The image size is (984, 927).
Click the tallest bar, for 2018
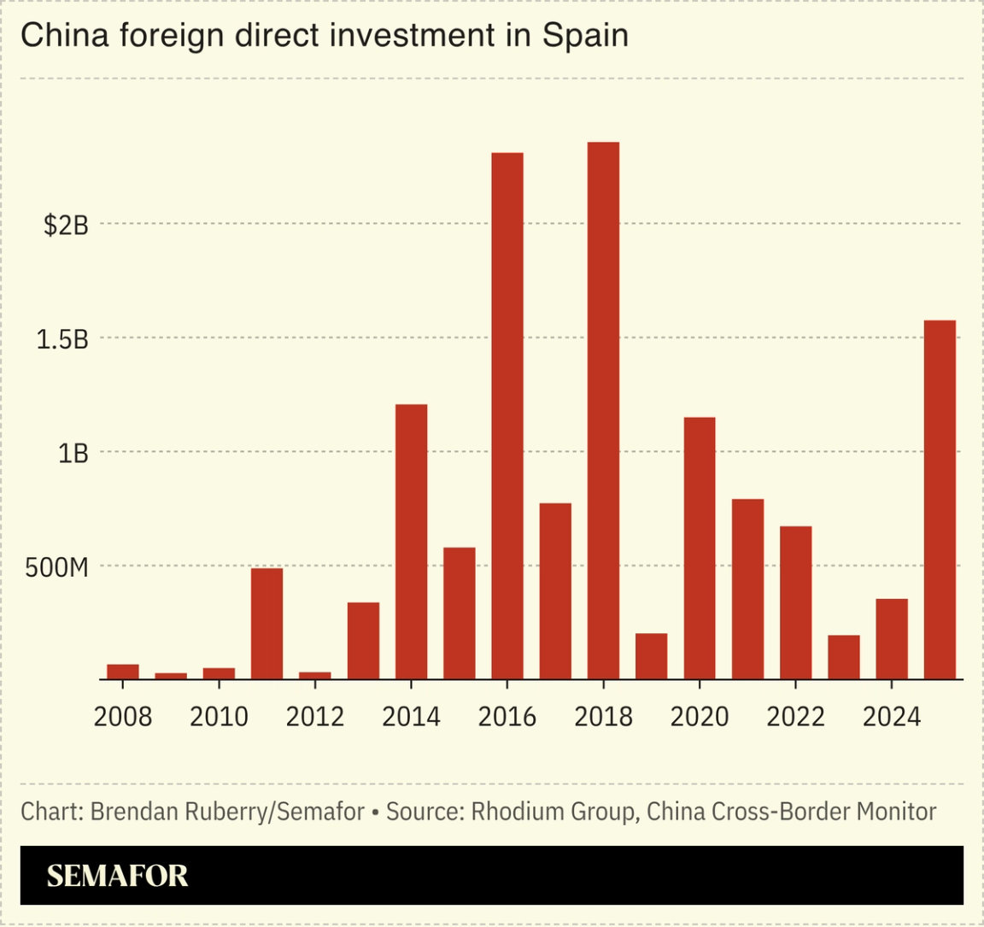click(603, 410)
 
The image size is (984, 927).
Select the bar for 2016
click(507, 416)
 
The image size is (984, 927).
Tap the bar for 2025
click(940, 500)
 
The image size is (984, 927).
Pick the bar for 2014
click(411, 542)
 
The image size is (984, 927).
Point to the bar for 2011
click(266, 624)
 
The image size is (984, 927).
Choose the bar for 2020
click(700, 549)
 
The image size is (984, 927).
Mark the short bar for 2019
click(651, 656)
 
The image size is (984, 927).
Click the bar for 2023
click(844, 657)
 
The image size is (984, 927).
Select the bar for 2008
click(123, 672)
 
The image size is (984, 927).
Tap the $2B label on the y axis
click(66, 226)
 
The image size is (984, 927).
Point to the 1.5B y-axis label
click(62, 339)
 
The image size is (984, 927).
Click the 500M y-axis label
click(56, 567)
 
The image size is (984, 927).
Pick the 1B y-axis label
click(73, 454)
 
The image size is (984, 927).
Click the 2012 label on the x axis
click(315, 716)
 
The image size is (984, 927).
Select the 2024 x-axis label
click(892, 716)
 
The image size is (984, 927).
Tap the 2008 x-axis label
click(123, 716)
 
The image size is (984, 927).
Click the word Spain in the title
click(585, 36)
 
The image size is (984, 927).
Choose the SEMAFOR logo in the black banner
click(117, 876)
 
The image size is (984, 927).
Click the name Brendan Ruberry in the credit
click(179, 811)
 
